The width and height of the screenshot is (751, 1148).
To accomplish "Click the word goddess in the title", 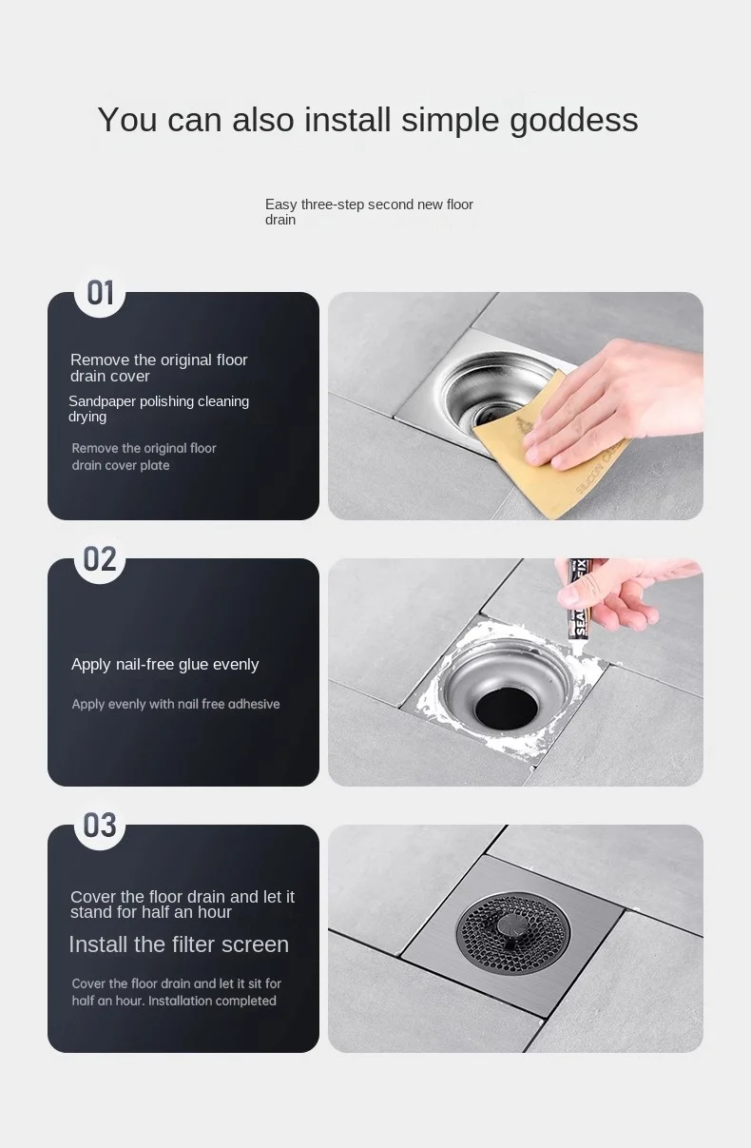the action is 574,121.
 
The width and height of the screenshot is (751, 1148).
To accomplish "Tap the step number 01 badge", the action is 100,293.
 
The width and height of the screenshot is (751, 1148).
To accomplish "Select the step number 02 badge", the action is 100,558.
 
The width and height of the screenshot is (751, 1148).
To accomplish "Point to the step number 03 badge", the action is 100,826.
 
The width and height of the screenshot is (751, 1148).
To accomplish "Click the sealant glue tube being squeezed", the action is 580,599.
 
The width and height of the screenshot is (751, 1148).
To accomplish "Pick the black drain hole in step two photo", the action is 506,709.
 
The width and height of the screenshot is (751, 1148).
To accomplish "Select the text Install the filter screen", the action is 179,944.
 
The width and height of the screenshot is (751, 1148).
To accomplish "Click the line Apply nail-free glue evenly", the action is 165,664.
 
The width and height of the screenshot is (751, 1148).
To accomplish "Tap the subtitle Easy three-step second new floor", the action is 369,204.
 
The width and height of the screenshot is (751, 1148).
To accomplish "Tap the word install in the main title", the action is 348,120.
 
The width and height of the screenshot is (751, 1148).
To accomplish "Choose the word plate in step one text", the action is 155,465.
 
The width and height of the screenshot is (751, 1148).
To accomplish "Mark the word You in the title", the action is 127,120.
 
